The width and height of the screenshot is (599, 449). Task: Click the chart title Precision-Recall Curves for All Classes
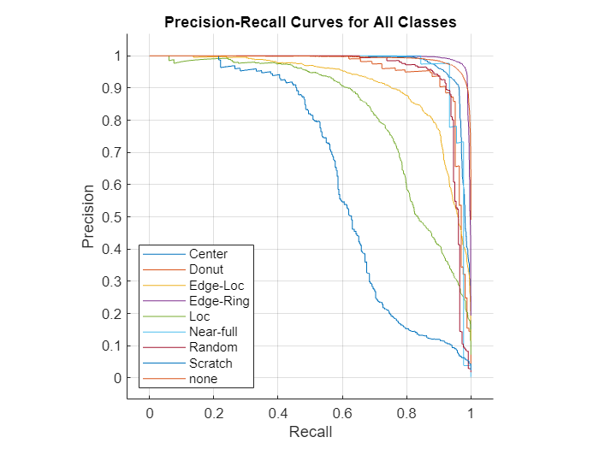[310, 22]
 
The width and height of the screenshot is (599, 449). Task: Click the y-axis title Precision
[88, 216]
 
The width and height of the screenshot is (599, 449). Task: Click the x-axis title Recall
[310, 432]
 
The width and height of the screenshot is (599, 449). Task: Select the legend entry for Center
[208, 254]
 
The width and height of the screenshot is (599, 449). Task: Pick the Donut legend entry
[206, 269]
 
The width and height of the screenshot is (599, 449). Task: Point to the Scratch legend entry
[211, 363]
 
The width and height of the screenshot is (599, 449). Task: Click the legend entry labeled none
[204, 379]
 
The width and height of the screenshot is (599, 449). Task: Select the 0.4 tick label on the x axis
[278, 414]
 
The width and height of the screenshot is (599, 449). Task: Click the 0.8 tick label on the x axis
[406, 414]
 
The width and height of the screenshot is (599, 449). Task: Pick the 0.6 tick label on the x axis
[342, 414]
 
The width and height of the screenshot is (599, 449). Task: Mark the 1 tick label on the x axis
[471, 414]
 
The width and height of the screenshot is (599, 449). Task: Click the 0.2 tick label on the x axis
[214, 414]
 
